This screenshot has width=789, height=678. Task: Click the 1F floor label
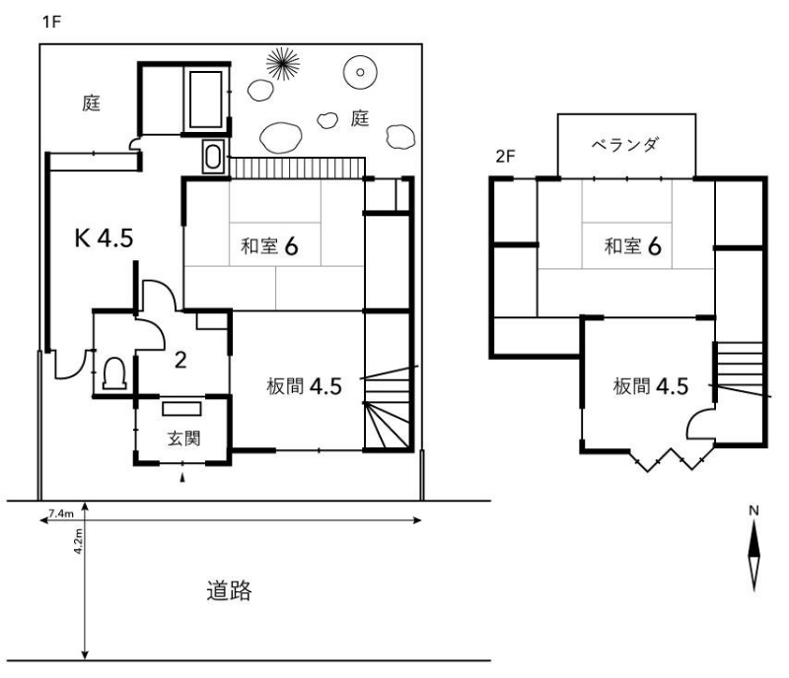52,22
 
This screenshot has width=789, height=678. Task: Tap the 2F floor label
505,157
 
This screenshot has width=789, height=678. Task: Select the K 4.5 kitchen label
105,237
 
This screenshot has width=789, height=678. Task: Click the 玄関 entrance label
183,439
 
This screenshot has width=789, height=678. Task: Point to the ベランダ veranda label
624,145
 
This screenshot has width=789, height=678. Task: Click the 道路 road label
229,590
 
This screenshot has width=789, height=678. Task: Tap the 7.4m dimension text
61,513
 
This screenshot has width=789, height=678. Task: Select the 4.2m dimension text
78,541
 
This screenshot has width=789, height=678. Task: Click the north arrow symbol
753,555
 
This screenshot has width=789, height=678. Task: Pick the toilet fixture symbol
114,373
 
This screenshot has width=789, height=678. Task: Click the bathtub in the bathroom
205,100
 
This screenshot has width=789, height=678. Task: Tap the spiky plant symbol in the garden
283,64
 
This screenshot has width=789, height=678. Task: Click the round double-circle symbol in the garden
360,72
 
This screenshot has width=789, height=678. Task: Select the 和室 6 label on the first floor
269,246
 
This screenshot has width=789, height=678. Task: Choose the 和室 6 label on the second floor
632,246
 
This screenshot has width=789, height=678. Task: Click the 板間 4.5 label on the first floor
304,386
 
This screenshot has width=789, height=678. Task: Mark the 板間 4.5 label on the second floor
651,386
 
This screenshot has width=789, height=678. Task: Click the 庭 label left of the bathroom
92,103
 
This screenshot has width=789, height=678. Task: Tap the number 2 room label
180,360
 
